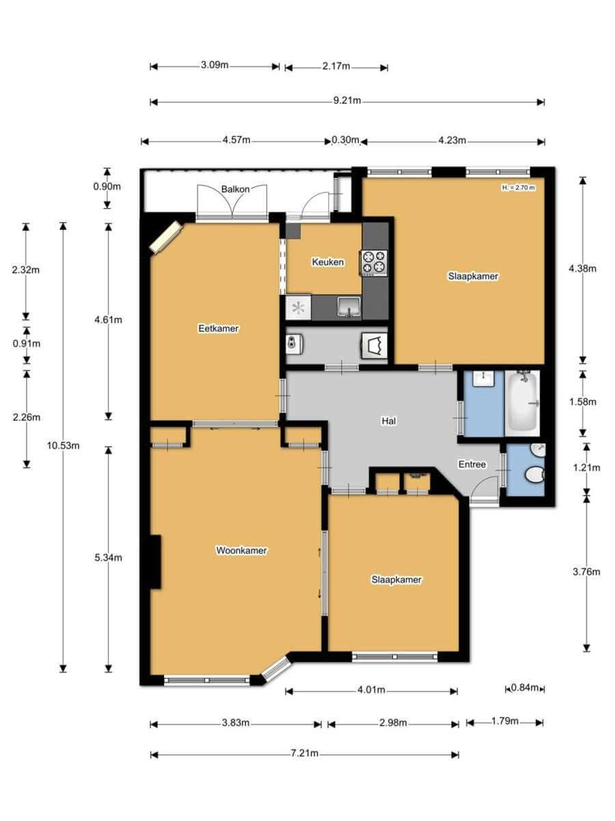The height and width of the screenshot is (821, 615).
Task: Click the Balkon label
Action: pyautogui.click(x=235, y=190)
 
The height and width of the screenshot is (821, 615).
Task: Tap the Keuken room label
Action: pyautogui.click(x=328, y=262)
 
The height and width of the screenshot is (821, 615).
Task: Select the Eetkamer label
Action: pyautogui.click(x=219, y=328)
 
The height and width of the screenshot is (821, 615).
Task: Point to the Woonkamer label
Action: pyautogui.click(x=242, y=550)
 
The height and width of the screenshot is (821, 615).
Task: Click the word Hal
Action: pyautogui.click(x=389, y=421)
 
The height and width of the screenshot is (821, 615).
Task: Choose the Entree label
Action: pyautogui.click(x=472, y=464)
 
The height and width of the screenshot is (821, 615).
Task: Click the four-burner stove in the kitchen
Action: pyautogui.click(x=374, y=262)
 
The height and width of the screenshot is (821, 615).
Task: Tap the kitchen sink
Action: pyautogui.click(x=349, y=307)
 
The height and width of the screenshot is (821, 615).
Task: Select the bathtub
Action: pyautogui.click(x=522, y=403)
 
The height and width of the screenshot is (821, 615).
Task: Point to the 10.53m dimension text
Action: pyautogui.click(x=63, y=445)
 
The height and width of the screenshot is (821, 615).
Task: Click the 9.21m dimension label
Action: pyautogui.click(x=347, y=101)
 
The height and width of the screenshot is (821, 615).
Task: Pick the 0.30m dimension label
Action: pyautogui.click(x=345, y=140)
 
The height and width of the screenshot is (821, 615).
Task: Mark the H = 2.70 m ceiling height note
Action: pyautogui.click(x=518, y=187)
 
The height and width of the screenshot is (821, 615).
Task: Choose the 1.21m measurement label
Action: pyautogui.click(x=586, y=467)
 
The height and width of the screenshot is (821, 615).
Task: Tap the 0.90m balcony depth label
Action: pyautogui.click(x=107, y=186)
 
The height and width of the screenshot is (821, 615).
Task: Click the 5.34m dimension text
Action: pyautogui.click(x=108, y=558)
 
